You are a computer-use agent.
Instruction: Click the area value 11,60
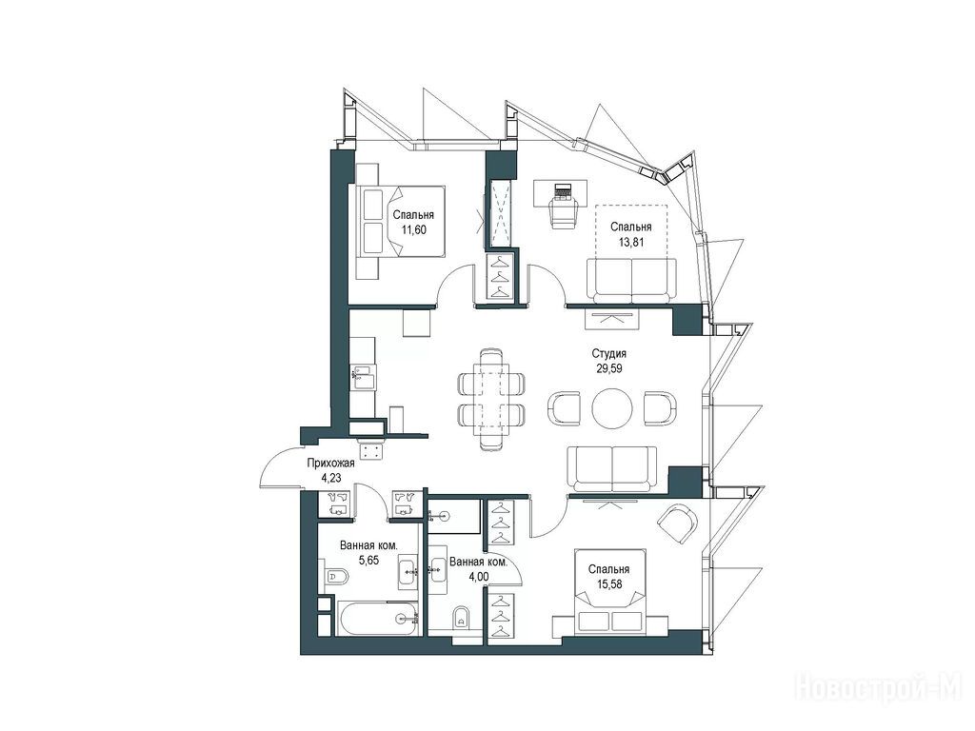(413, 229)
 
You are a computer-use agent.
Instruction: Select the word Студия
(608, 353)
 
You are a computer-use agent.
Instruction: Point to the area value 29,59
(609, 368)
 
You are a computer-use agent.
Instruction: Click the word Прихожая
(330, 464)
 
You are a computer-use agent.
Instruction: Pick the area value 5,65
(368, 560)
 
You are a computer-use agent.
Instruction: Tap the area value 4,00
(478, 576)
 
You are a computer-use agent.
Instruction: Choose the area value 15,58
(609, 583)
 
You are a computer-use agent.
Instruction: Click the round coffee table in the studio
(612, 408)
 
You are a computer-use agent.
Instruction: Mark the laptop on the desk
(563, 190)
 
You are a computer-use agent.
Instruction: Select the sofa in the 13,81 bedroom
(631, 280)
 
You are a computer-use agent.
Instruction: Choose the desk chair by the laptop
(565, 213)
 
